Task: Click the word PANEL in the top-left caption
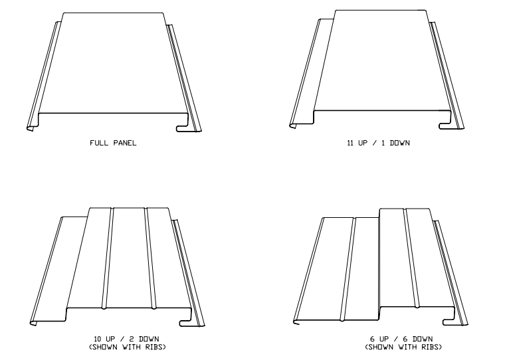124,143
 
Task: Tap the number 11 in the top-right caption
350,143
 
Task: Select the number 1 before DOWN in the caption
383,143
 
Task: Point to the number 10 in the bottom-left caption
98,339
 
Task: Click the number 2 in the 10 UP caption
132,339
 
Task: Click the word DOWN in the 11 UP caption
400,143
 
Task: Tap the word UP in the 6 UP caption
385,339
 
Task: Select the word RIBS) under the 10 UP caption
155,347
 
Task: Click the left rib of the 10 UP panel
108,258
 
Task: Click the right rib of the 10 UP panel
150,258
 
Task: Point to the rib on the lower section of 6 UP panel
348,269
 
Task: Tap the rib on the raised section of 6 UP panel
411,258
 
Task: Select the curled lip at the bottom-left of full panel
31,128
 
